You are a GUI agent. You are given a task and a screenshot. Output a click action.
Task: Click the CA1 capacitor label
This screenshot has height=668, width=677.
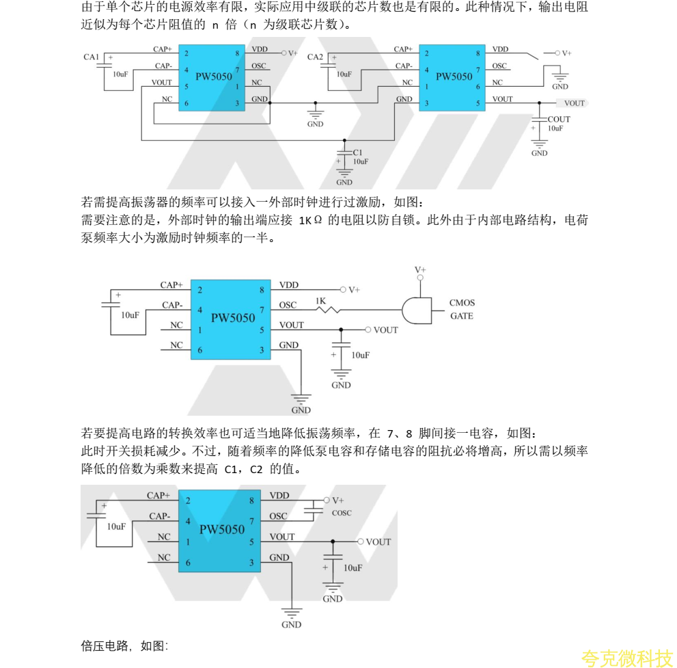coord(92,57)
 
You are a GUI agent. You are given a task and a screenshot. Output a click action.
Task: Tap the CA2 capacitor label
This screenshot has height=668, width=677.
coord(315,57)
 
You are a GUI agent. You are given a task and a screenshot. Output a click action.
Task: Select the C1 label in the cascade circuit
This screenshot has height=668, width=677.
coord(358,152)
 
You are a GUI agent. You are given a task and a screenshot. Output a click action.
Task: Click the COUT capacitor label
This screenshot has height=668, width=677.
coord(559,119)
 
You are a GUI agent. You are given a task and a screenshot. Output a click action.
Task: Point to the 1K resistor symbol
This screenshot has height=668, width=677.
coord(329,310)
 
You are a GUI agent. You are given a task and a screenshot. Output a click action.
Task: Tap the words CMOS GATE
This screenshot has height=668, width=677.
coord(462,309)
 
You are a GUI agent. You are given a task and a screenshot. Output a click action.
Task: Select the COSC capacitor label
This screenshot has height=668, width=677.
coord(342,513)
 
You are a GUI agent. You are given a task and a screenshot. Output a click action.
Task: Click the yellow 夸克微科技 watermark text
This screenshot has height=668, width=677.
coord(627,658)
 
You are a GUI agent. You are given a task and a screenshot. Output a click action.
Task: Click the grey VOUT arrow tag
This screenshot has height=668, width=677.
coord(572,103)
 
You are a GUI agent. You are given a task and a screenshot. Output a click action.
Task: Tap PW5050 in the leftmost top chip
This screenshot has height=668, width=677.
coord(214,77)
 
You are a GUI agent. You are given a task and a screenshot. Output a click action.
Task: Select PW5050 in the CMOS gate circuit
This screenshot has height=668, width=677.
coord(233,317)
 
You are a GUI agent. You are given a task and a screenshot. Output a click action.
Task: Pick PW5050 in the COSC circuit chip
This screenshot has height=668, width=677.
coord(222,529)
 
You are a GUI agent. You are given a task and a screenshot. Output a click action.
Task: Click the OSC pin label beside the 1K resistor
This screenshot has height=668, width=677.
coord(289,305)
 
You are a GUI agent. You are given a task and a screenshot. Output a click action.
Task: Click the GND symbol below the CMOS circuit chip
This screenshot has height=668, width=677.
coord(301,401)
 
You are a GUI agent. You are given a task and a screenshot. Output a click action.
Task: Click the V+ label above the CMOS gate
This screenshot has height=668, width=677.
coord(419,270)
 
